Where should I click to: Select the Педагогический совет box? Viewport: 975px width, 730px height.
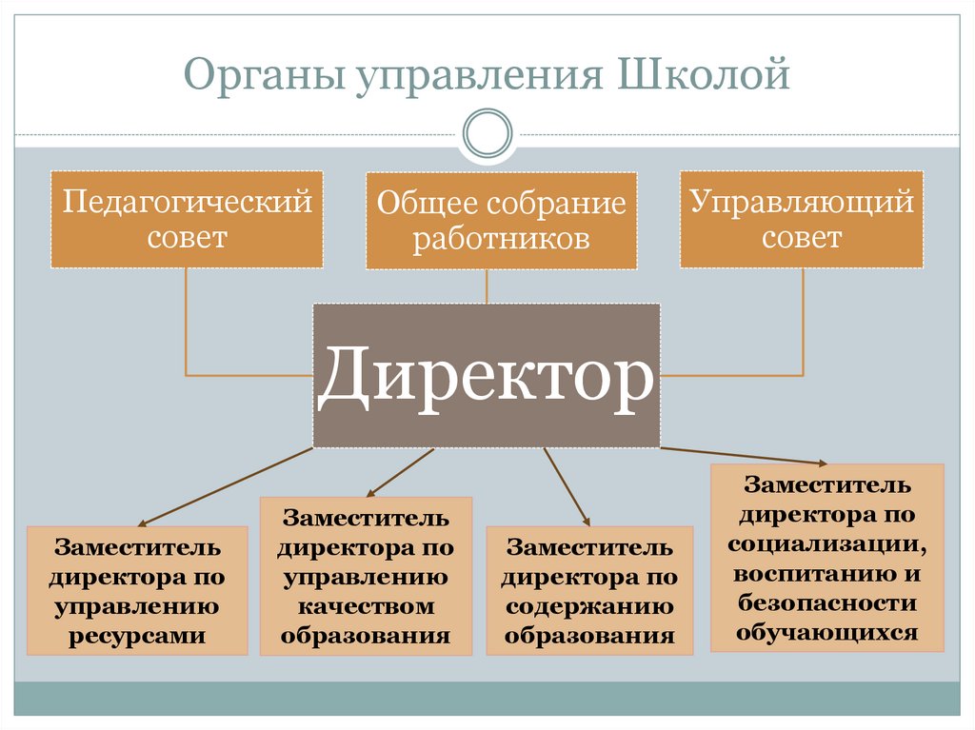click(x=187, y=219)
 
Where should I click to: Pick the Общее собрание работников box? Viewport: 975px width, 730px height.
click(x=500, y=221)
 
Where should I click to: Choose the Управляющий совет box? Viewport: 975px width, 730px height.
click(x=801, y=219)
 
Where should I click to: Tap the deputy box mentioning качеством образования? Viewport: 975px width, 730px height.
click(x=366, y=577)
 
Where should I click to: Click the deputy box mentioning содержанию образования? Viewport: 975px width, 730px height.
click(x=589, y=590)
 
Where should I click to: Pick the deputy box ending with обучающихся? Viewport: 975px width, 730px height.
click(x=827, y=558)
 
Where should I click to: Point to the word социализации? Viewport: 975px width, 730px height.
click(x=827, y=544)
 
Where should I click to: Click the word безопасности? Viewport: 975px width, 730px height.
click(x=827, y=603)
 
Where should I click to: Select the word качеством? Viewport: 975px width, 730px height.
click(x=366, y=606)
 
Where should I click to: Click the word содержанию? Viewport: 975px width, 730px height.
click(x=589, y=606)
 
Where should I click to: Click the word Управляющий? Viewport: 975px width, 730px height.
click(x=801, y=203)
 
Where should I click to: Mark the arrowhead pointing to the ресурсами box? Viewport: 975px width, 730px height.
click(x=143, y=523)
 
